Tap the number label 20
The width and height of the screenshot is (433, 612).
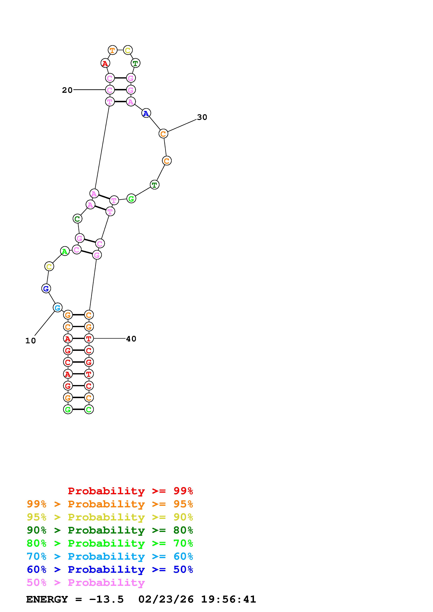[67, 90]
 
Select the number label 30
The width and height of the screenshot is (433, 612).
[202, 117]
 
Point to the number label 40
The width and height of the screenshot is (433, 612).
[131, 339]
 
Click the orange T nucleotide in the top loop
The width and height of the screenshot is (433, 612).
[113, 50]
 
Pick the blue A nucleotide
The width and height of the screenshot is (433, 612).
[146, 113]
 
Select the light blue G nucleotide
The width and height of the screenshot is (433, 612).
[57, 308]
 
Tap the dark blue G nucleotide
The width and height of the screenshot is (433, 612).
[46, 288]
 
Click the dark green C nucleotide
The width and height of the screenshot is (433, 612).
[77, 219]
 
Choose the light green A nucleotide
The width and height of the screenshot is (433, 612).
[65, 251]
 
